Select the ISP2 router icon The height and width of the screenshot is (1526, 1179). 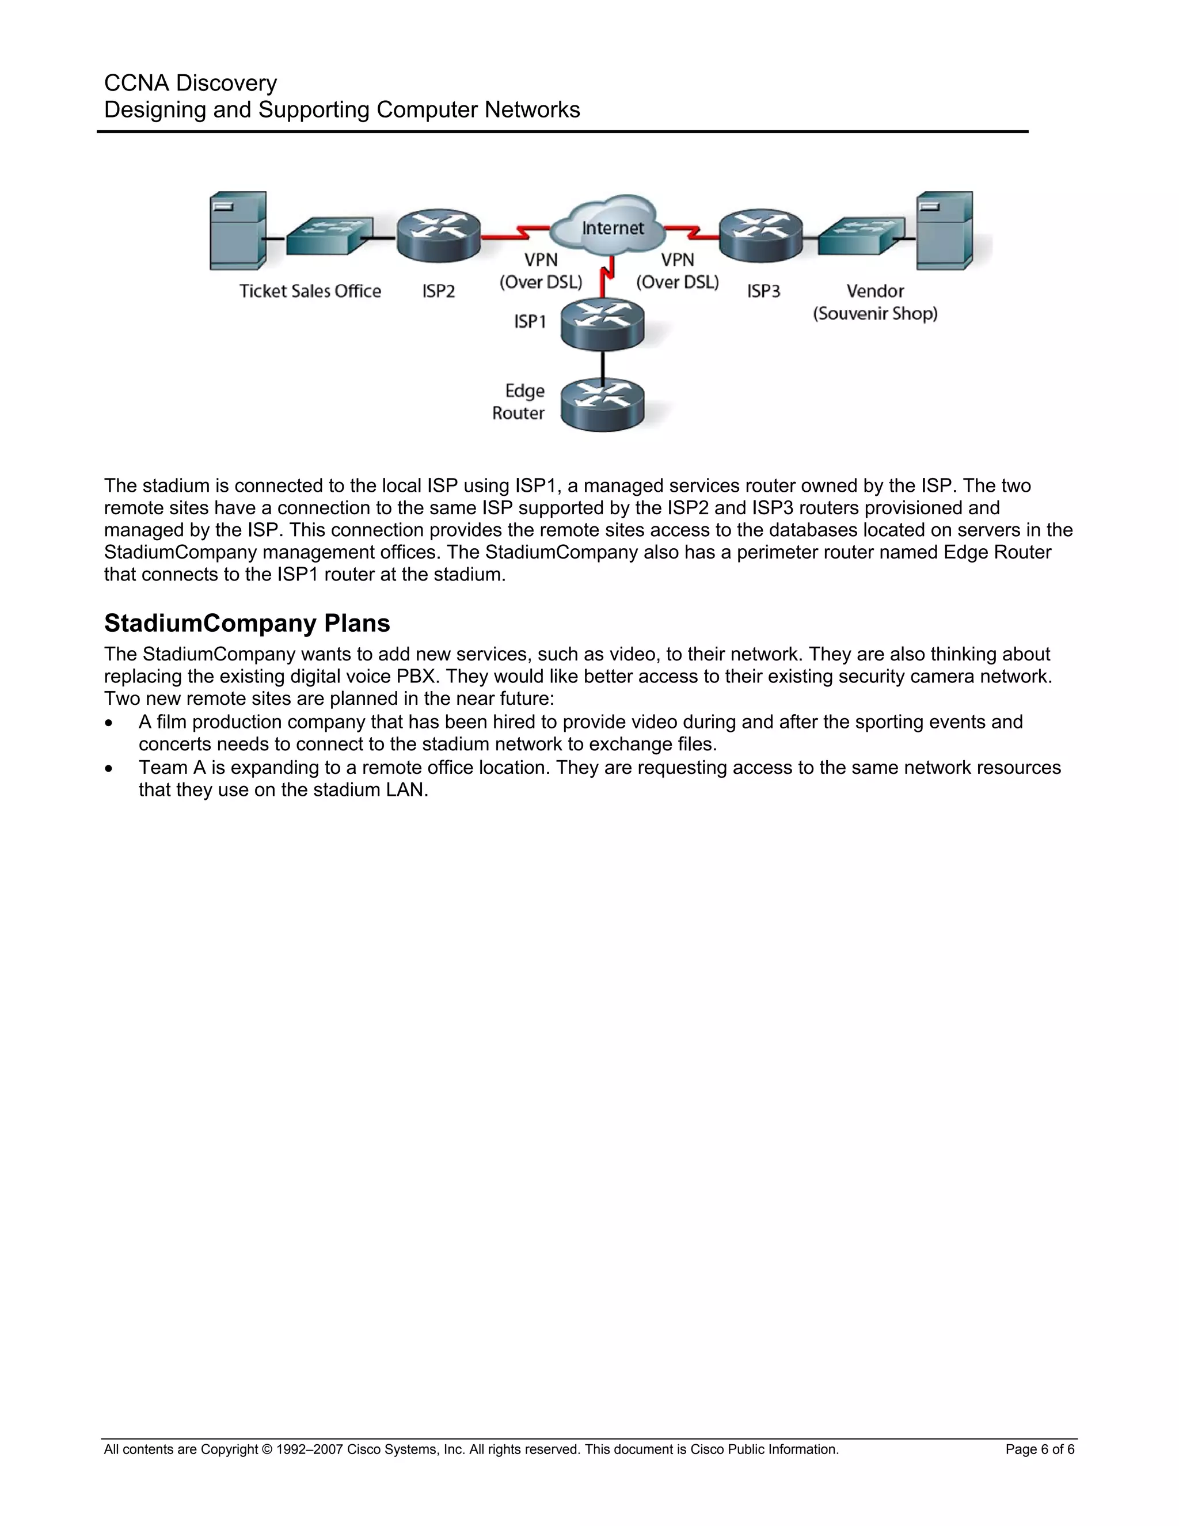439,236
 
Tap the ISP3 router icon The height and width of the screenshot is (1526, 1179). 760,236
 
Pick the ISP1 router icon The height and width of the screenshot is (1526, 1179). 603,323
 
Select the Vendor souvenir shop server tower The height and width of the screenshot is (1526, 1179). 944,230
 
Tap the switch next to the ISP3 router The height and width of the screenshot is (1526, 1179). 861,236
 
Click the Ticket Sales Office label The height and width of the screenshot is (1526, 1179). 310,291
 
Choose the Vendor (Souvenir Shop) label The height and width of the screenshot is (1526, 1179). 874,302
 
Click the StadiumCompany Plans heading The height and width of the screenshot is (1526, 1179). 247,622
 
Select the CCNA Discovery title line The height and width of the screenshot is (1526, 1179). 191,83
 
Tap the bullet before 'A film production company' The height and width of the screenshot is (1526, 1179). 108,723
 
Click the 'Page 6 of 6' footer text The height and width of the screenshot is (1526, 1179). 1039,1449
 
